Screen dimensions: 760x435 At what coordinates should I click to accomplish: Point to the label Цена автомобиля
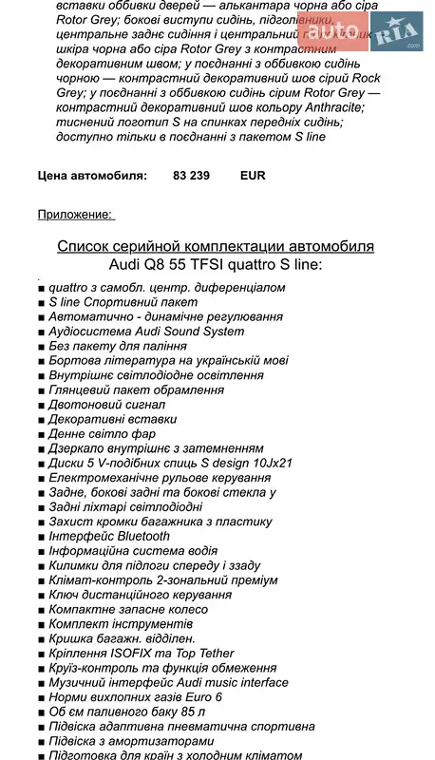click(x=92, y=176)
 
